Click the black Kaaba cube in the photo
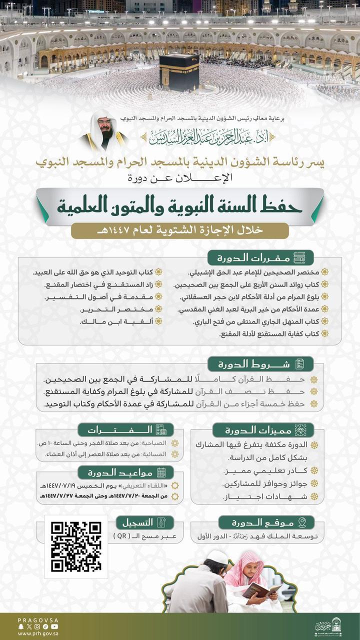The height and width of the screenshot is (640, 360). tap(179, 72)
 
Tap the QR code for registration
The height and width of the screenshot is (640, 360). tap(76, 546)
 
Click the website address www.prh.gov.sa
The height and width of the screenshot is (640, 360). tap(37, 633)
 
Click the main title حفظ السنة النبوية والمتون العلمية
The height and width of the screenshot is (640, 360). tap(180, 205)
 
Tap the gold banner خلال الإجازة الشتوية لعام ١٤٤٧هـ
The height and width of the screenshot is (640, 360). tap(180, 230)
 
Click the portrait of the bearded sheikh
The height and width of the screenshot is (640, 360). tap(104, 130)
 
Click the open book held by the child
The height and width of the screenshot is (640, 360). tap(261, 590)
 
